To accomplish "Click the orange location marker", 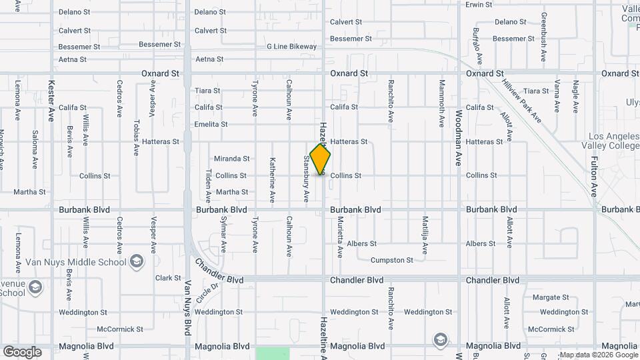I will point(320,159).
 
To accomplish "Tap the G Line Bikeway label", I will point(291,47).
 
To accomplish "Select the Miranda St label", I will point(231,159).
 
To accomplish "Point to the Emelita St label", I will point(211,124).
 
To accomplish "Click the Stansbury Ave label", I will point(307,178).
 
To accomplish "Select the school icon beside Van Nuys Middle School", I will point(137,261).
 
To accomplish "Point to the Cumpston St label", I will point(392,260).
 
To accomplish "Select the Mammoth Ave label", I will point(442,101).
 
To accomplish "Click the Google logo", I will point(22,352).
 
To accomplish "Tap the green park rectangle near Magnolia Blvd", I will point(273,353).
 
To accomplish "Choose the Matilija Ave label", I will point(423,231).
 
